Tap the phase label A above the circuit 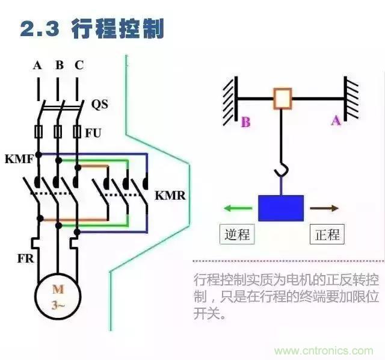point(37,66)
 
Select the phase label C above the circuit point(79,66)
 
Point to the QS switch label point(100,104)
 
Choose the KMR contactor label point(170,196)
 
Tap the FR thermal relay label point(25,260)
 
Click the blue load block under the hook point(281,208)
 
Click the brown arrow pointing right point(324,208)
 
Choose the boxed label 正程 point(327,234)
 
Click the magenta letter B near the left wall point(245,123)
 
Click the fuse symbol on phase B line point(58,131)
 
